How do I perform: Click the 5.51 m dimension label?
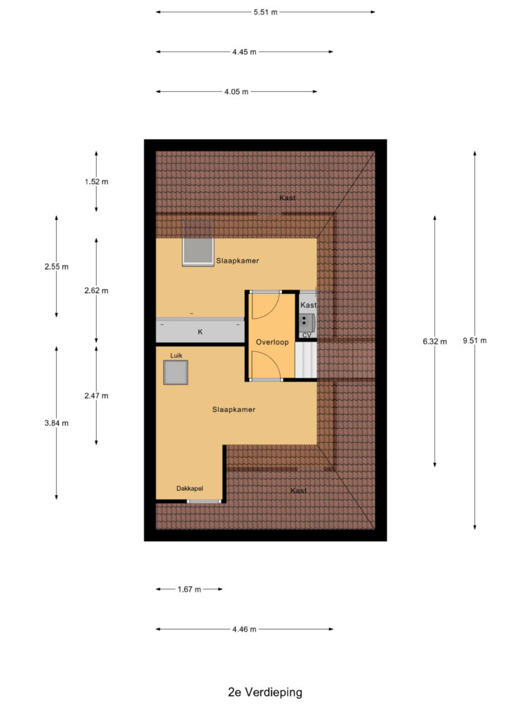pos(265,12)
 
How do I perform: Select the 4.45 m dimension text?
pos(244,52)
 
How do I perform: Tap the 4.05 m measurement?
pos(236,91)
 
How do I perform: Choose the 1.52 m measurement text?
pos(96,182)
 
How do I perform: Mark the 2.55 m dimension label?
pos(56,267)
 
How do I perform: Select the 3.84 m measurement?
pos(56,423)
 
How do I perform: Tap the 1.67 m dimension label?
pos(189,589)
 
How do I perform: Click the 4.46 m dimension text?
pos(244,629)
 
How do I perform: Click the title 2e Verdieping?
pos(265,691)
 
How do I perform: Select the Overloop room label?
pos(272,342)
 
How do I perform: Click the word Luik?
pos(176,355)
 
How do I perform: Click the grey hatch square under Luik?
pos(176,373)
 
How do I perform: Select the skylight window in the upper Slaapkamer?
pos(198,252)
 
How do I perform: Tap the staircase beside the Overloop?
pos(306,360)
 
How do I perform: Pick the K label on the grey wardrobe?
pos(201,333)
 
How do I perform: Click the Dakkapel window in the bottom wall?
pos(205,501)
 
